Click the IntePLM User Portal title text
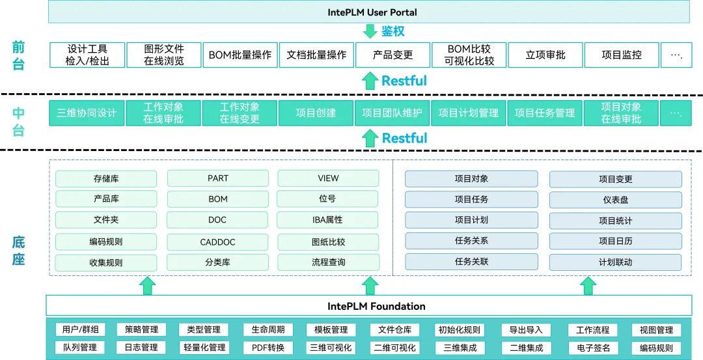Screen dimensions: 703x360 pyautogui.click(x=372, y=12)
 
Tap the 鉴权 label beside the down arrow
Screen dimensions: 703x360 pyautogui.click(x=393, y=31)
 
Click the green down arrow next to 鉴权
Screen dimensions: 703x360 pyautogui.click(x=370, y=31)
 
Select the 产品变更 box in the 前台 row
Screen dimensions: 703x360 pyautogui.click(x=393, y=55)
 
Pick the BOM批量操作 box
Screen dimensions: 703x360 pyautogui.click(x=240, y=55)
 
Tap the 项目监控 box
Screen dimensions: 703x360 pyautogui.click(x=622, y=55)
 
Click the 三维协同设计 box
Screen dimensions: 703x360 pyautogui.click(x=87, y=113)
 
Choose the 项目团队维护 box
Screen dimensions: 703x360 pyautogui.click(x=393, y=113)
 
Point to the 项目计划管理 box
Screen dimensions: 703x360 pyautogui.click(x=469, y=113)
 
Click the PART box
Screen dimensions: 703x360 pyautogui.click(x=218, y=178)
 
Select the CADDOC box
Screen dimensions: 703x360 pyautogui.click(x=217, y=242)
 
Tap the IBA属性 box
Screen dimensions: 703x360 pyautogui.click(x=327, y=220)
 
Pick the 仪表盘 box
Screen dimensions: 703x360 pyautogui.click(x=616, y=200)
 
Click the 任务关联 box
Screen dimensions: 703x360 pyautogui.click(x=471, y=262)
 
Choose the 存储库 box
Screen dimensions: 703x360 pyautogui.click(x=106, y=179)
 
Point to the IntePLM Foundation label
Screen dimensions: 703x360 pyautogui.click(x=376, y=307)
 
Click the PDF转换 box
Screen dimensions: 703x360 pyautogui.click(x=268, y=348)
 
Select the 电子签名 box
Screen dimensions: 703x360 pyautogui.click(x=593, y=348)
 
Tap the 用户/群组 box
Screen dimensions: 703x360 pyautogui.click(x=81, y=329)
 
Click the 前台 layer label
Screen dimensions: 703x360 pyautogui.click(x=18, y=55)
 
